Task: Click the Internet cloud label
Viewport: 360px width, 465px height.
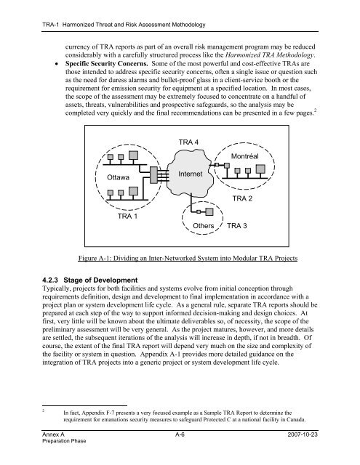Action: [x=191, y=174]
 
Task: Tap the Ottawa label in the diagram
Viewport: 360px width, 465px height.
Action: [x=118, y=177]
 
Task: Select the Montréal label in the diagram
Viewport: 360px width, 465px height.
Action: [x=245, y=156]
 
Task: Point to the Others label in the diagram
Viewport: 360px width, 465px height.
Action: [x=204, y=226]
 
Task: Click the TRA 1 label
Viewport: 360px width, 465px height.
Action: [x=127, y=216]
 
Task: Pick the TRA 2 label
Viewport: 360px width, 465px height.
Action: [x=242, y=198]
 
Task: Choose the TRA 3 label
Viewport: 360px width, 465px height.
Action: [x=237, y=226]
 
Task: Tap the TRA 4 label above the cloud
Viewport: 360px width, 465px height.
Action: [x=188, y=142]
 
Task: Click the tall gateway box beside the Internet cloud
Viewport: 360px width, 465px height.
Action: [x=153, y=175]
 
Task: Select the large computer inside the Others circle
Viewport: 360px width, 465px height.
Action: [x=209, y=211]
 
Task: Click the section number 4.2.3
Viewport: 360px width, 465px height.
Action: [x=51, y=280]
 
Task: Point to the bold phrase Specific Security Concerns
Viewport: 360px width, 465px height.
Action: [x=107, y=64]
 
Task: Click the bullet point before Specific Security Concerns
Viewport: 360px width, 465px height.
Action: [x=57, y=64]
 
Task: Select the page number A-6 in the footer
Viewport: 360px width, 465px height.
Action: [x=180, y=434]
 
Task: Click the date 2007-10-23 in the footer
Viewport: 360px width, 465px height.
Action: [x=303, y=434]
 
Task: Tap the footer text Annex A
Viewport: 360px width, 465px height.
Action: [x=53, y=434]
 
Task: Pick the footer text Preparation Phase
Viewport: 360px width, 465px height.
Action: [x=64, y=441]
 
